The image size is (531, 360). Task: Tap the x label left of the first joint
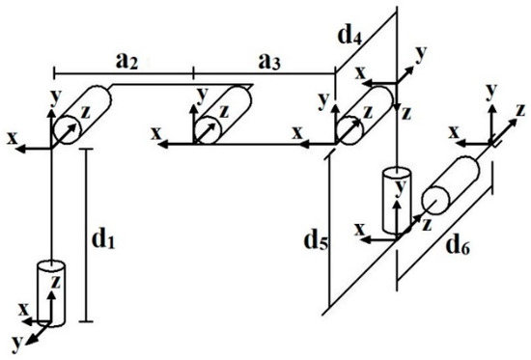13,138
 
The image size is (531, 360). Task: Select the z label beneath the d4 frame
406,113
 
